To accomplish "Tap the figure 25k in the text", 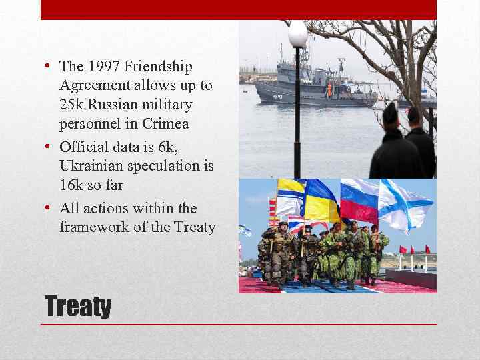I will coord(71,105).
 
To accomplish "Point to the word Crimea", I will coord(166,124).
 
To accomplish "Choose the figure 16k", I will coord(71,185).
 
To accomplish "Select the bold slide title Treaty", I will coord(77,307).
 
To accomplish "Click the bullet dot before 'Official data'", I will coord(50,146).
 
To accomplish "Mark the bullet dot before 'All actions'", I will coord(50,208).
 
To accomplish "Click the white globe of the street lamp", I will coord(297,34).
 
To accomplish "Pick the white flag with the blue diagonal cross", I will coord(403,203).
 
